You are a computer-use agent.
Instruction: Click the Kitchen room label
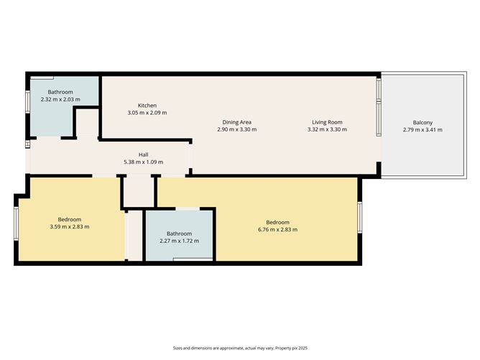pos(147,106)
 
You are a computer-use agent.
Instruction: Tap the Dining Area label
pos(236,122)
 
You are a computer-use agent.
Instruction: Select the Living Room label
pos(327,122)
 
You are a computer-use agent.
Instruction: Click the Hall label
pos(144,154)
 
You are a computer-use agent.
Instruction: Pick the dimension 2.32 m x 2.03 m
pos(60,100)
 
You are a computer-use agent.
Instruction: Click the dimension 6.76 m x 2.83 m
pos(277,230)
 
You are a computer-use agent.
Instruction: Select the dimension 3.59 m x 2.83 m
pos(70,227)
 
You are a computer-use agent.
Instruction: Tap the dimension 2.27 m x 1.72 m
pos(180,241)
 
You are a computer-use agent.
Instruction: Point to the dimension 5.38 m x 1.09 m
pos(144,162)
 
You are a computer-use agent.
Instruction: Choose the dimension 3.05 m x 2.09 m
pos(147,114)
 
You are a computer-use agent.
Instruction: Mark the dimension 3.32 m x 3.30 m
pos(327,130)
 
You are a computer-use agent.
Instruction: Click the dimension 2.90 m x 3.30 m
pos(236,130)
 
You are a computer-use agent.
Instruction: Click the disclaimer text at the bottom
pos(239,348)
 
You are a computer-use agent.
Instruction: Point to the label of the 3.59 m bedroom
pos(70,219)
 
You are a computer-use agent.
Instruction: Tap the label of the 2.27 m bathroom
pos(180,234)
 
